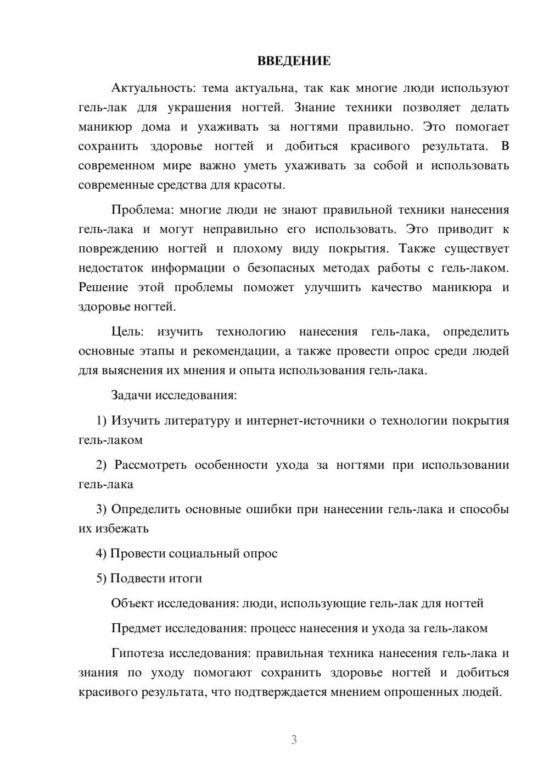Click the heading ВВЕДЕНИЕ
pos(294,61)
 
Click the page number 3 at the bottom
pos(294,740)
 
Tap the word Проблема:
pos(142,210)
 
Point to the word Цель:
pos(127,332)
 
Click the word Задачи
pos(132,395)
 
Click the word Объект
pos(132,603)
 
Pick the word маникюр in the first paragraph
pos(105,127)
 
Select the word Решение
pos(103,287)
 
